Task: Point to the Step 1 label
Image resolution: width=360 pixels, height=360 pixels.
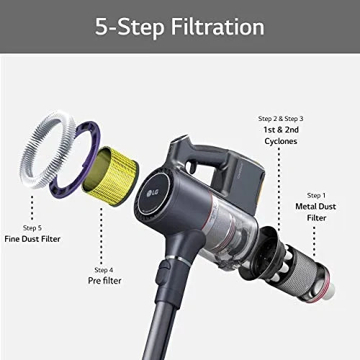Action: (315, 195)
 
